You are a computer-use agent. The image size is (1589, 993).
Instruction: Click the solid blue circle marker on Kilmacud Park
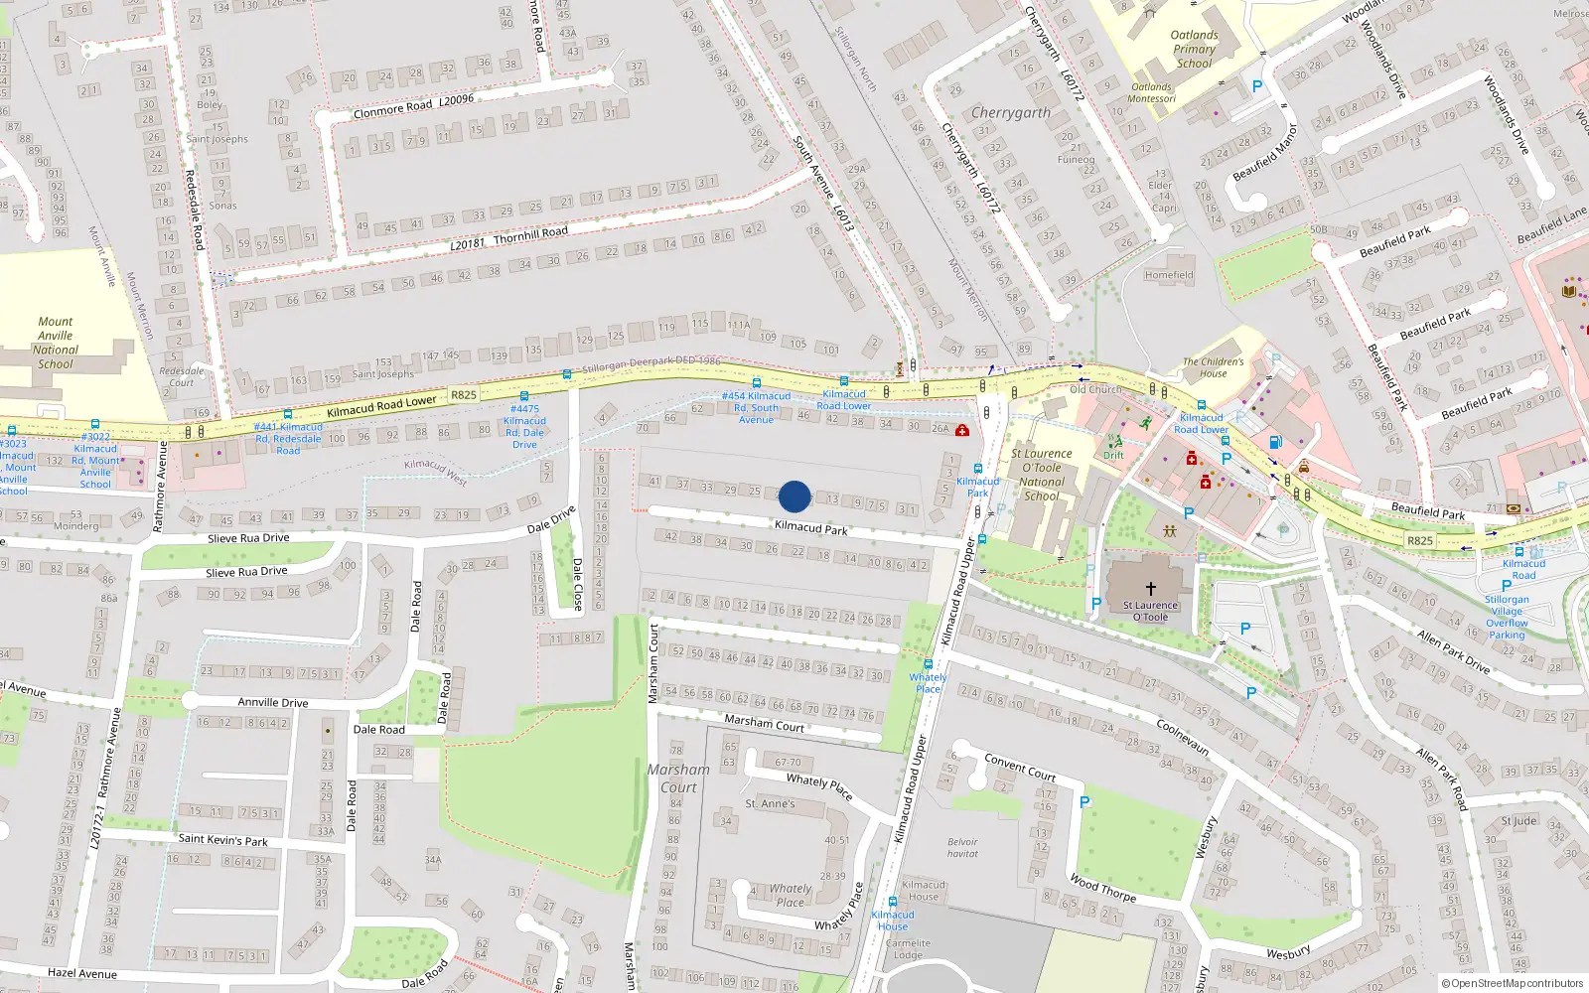point(794,496)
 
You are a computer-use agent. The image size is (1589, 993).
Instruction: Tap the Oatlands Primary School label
point(1194,49)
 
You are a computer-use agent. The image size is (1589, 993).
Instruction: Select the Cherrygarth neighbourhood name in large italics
point(1010,113)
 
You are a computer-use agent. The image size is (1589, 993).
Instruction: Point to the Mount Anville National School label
point(56,343)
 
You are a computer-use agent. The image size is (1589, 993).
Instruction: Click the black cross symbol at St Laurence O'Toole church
point(1151,589)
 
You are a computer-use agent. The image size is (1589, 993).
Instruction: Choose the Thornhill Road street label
point(530,234)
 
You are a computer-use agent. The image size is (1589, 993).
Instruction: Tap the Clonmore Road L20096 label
point(413,105)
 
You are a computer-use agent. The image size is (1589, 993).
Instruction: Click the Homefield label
point(1169,275)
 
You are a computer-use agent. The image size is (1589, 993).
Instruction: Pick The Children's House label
point(1213,367)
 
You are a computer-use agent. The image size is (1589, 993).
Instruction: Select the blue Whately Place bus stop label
point(928,683)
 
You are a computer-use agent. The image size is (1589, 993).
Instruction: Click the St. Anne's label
point(770,803)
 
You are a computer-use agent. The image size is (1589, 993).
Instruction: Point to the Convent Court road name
point(1019,768)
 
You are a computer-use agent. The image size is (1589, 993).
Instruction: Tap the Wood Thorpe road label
point(1102,888)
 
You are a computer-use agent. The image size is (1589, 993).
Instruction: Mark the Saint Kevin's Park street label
point(222,840)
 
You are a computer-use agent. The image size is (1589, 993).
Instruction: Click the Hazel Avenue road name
point(82,973)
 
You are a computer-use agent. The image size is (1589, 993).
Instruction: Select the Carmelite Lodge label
point(908,949)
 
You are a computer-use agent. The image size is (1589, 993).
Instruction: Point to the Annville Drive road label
point(273,702)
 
